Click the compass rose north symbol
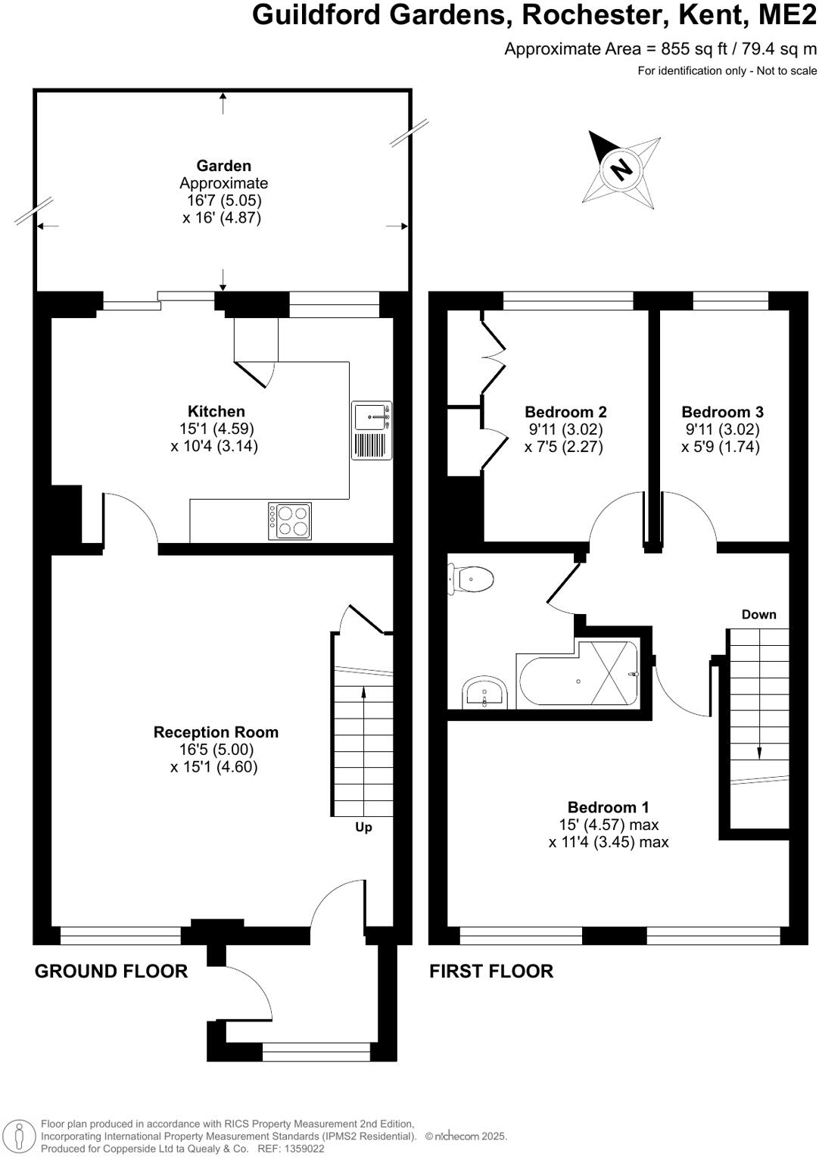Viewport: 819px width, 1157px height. [621, 169]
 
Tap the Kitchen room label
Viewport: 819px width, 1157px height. [216, 411]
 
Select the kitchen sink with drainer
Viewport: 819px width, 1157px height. [372, 430]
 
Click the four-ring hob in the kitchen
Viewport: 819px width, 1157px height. [290, 521]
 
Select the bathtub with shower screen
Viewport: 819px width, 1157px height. [578, 675]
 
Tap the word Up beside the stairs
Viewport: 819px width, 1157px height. [363, 827]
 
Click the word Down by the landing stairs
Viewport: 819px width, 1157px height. [758, 614]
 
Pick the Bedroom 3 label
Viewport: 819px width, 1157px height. [722, 412]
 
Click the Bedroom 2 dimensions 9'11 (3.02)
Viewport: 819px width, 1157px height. [565, 429]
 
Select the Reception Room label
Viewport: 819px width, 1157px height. [216, 732]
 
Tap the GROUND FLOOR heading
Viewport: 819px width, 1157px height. [111, 971]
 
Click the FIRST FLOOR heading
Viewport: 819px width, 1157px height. [491, 971]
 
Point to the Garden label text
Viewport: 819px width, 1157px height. [223, 166]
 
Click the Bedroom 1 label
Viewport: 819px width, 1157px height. [608, 807]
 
